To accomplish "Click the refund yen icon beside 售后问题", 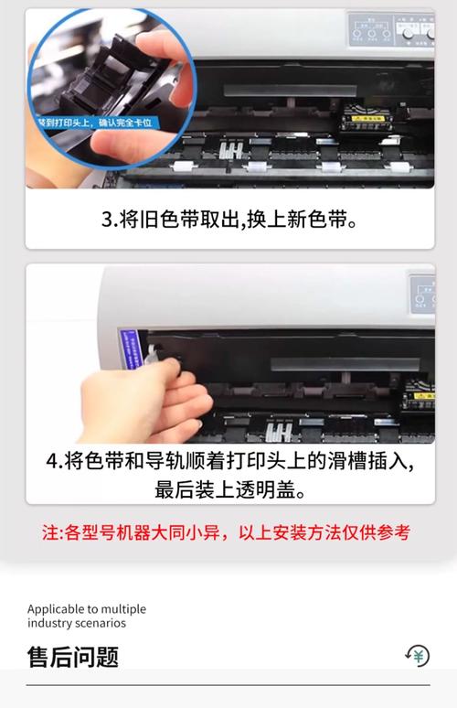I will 418,655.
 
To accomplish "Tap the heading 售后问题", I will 72,657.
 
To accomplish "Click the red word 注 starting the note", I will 50,532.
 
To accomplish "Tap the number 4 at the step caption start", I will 52,460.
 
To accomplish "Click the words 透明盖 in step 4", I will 274,488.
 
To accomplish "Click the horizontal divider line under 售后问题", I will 228,684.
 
